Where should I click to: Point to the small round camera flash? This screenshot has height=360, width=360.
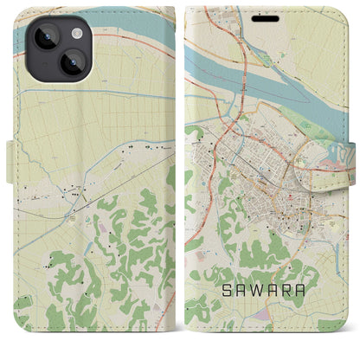pos(75,32)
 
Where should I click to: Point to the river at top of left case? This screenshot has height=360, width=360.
pos(95,35)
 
